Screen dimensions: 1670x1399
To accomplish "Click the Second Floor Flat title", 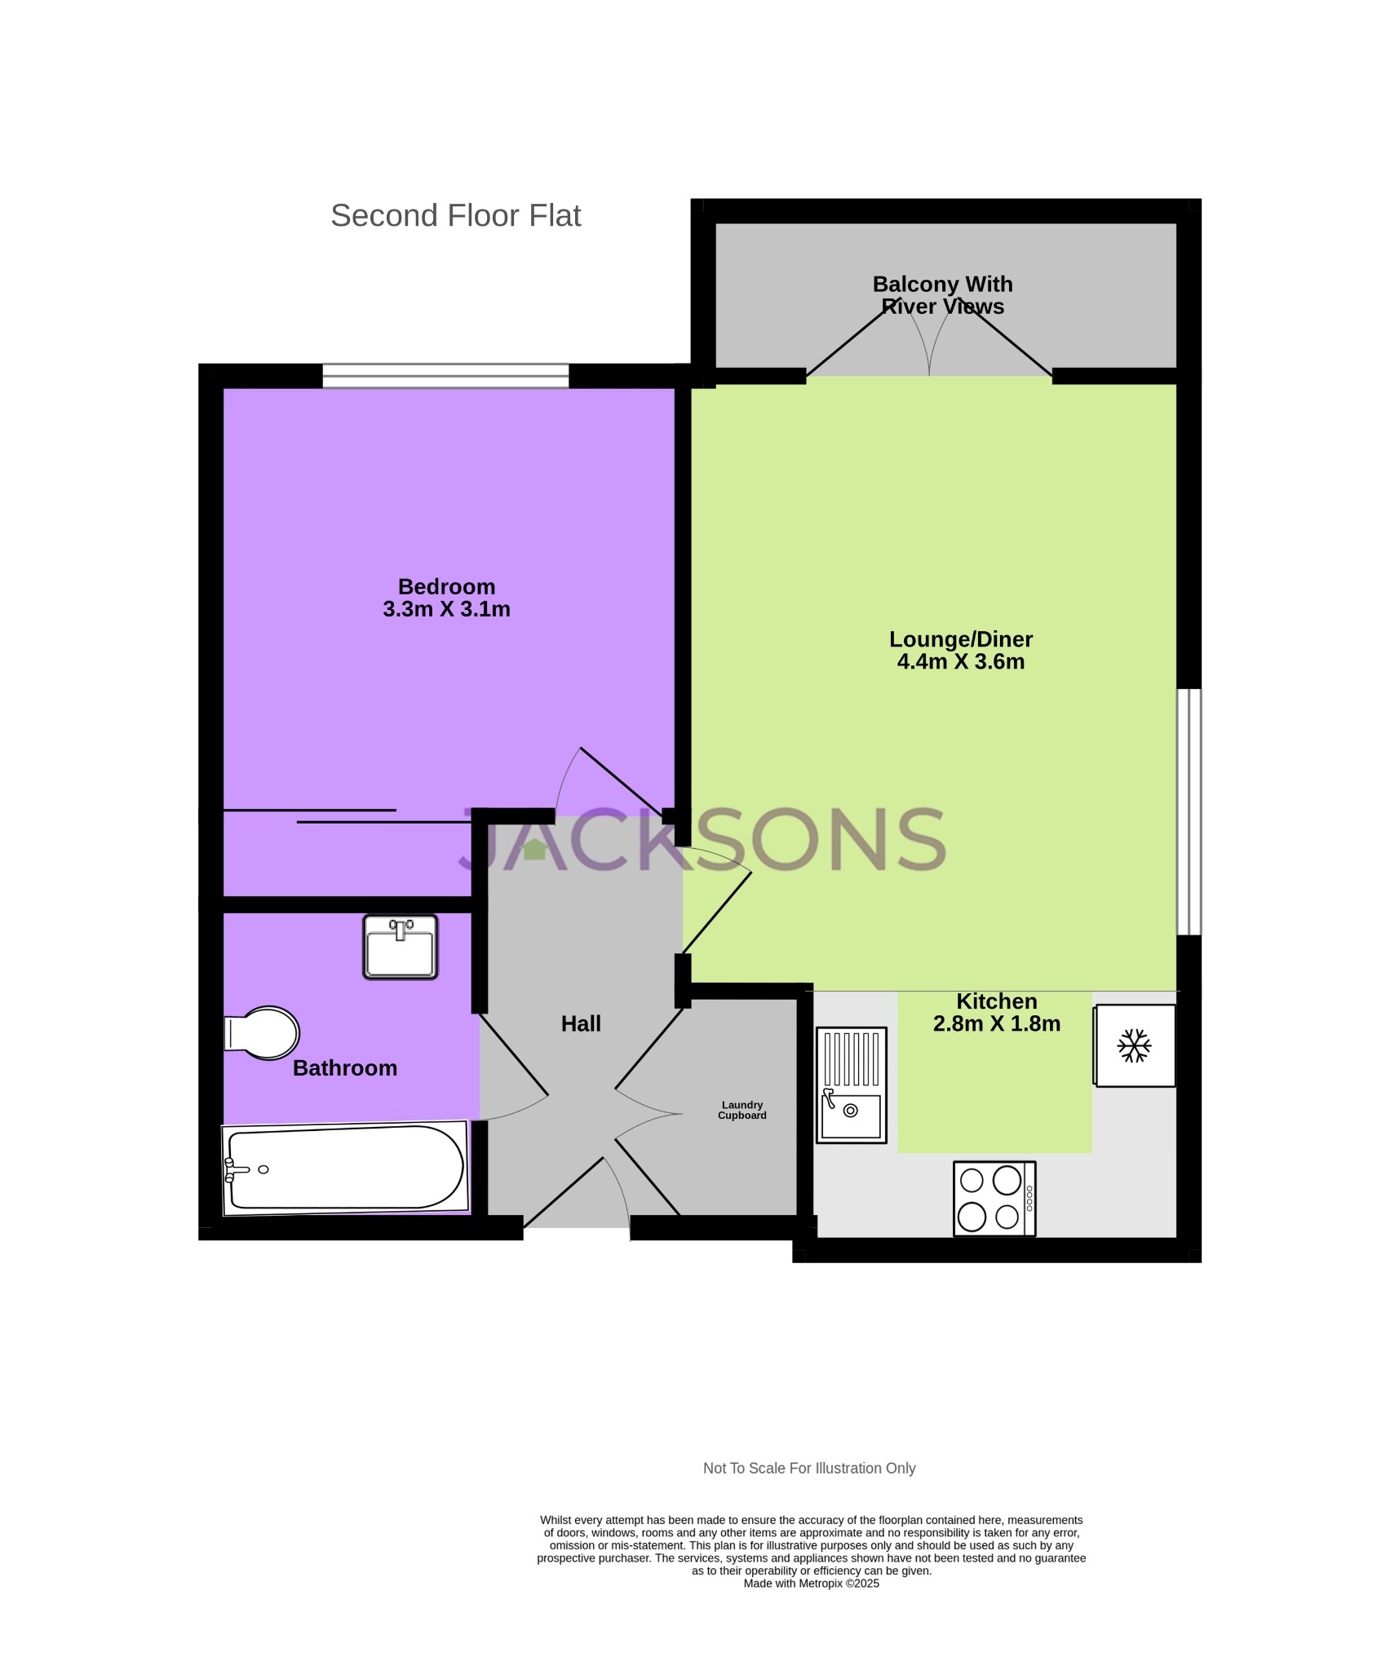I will click(x=455, y=216).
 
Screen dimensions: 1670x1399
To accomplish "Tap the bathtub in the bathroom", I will click(x=345, y=1168).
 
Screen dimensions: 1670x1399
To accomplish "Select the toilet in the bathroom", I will click(x=263, y=1033).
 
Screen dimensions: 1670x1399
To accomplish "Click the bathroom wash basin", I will click(x=400, y=947).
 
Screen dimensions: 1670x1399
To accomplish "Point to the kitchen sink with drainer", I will click(x=851, y=1085).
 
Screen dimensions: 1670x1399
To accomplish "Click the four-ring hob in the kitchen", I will click(x=994, y=1198).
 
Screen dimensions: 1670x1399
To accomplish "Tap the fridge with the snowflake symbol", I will click(x=1134, y=1045).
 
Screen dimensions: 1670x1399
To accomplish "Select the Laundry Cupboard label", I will click(x=742, y=1110).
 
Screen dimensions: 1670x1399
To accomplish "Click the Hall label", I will click(x=581, y=1024).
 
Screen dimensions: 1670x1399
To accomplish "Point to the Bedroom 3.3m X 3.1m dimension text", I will click(x=446, y=609).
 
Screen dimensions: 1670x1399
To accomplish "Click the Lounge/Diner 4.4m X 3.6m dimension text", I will click(x=960, y=661).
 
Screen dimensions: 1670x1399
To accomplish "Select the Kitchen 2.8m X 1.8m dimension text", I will click(x=996, y=1023).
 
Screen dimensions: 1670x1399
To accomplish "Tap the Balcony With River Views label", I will click(x=942, y=295).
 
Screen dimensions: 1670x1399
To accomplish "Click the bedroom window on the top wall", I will click(x=445, y=376).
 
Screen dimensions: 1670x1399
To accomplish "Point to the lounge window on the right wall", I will click(x=1189, y=811).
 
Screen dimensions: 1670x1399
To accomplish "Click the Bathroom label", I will click(x=344, y=1068).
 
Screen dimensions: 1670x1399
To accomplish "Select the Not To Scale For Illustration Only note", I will click(x=808, y=1468).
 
